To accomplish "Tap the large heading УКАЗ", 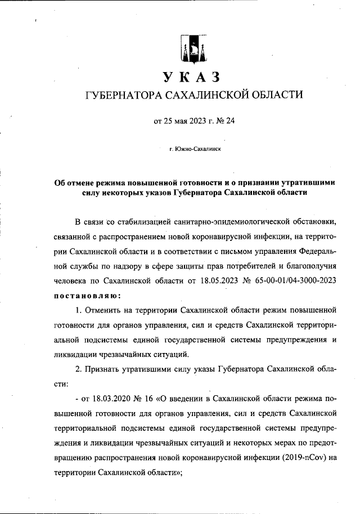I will [x=191, y=77].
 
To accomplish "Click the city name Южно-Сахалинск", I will [x=197, y=149].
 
